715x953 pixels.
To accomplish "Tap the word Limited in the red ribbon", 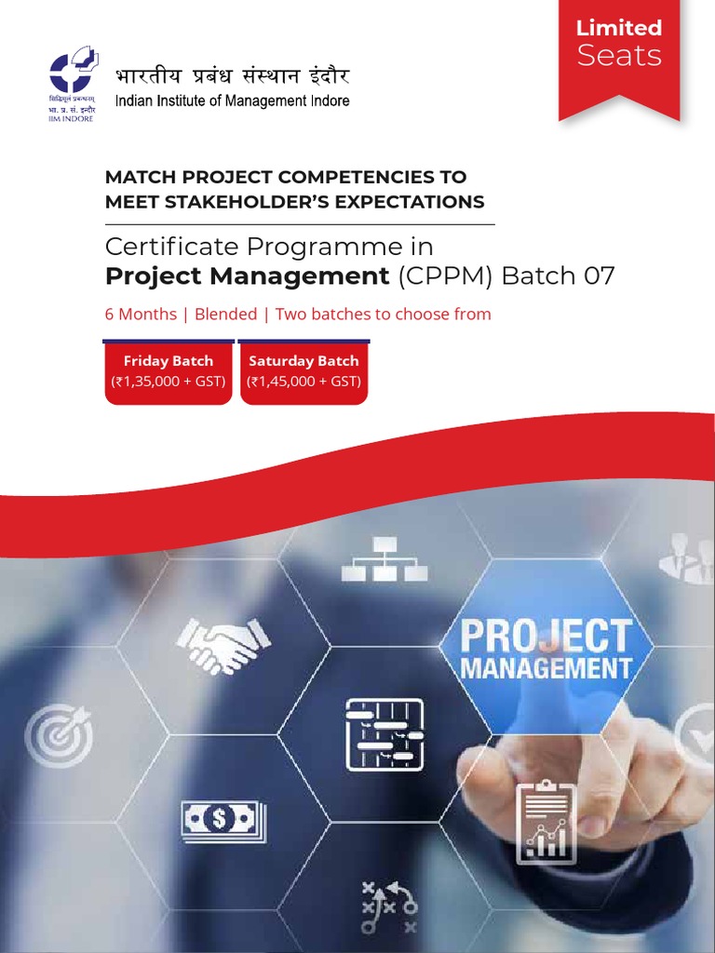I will point(618,28).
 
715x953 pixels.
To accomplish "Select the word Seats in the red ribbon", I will point(618,56).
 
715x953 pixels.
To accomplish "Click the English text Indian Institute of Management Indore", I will point(232,101).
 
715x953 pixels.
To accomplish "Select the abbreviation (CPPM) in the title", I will point(447,276).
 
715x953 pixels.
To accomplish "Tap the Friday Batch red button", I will point(169,371).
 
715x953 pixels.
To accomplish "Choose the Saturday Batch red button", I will point(304,371).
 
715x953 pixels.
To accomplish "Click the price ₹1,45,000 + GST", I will point(304,382).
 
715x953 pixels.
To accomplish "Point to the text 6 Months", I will point(141,315).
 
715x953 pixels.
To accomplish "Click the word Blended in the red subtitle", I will point(226,315).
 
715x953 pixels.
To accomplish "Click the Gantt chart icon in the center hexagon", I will point(384,734).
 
